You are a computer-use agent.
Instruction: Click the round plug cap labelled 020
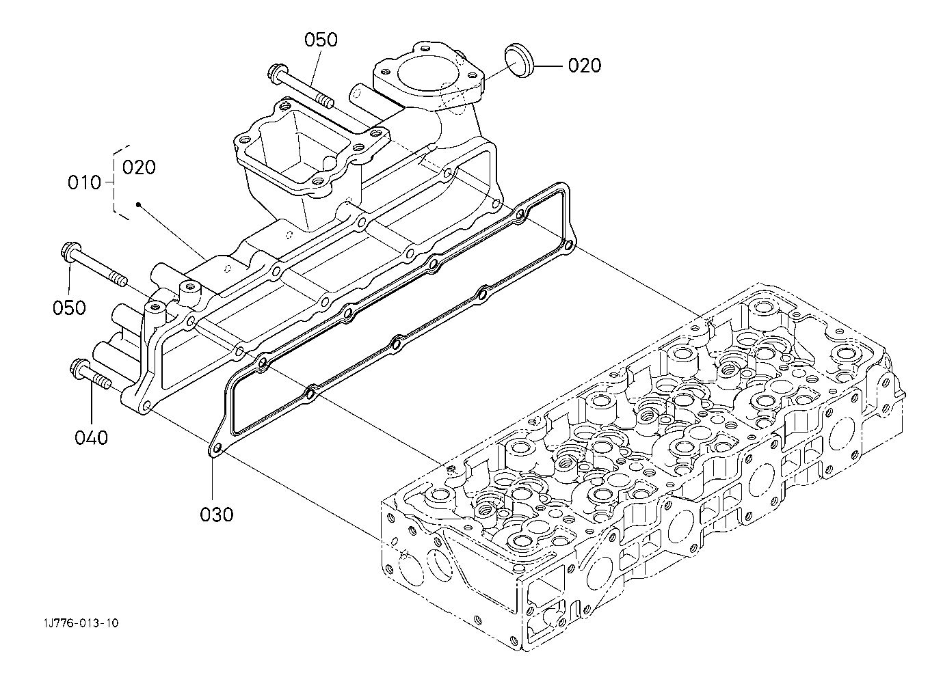518,59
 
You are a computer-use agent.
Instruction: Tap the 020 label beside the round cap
584,66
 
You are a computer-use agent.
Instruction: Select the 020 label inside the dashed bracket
139,167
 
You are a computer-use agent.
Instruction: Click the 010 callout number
85,182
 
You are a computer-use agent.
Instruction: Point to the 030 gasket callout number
216,515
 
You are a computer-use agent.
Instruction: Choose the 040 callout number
92,438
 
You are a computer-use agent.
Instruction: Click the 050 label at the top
321,40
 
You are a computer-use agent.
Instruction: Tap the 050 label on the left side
69,308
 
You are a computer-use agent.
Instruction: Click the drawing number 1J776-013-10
80,623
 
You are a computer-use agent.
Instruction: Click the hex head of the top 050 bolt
277,73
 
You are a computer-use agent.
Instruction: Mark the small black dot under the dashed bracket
137,205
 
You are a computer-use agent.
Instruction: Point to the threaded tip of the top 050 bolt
327,101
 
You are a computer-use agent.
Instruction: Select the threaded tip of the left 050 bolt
119,279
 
